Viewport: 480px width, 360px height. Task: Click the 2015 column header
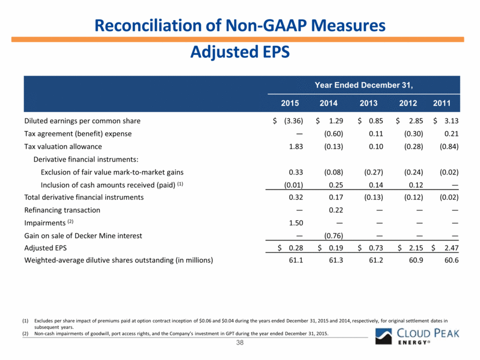290,103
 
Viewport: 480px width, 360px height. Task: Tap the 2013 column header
368,103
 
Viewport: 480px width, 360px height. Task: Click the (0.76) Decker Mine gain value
332,235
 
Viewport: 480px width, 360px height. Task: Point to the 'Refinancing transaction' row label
62,210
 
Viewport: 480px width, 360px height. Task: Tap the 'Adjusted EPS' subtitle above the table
239,52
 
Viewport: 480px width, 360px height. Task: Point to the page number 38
239,343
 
